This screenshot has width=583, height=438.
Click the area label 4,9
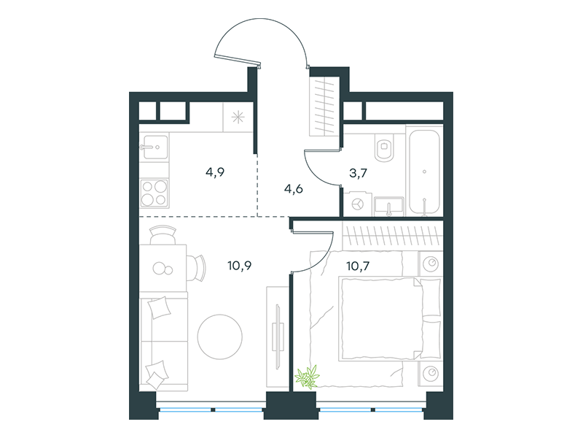[x=215, y=172]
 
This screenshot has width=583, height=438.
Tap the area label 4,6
[x=294, y=189]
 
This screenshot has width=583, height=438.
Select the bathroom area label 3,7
[x=358, y=173]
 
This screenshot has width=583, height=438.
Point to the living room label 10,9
[x=240, y=266]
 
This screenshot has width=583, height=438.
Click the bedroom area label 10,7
[x=358, y=266]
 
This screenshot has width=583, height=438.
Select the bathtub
[x=424, y=172]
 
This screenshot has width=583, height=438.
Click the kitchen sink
[x=154, y=147]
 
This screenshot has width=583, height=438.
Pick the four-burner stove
[x=154, y=193]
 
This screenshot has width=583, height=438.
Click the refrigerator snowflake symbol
[x=238, y=117]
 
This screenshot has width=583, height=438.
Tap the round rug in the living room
[x=220, y=337]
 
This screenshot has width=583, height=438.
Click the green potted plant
[x=308, y=377]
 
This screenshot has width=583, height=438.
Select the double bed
[x=390, y=319]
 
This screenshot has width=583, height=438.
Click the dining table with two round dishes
[x=163, y=268]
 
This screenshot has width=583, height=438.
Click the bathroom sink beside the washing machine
[x=389, y=207]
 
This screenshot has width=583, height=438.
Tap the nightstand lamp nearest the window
[x=431, y=372]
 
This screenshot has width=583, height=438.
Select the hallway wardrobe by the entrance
[x=324, y=106]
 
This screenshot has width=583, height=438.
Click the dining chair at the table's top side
[x=163, y=234]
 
